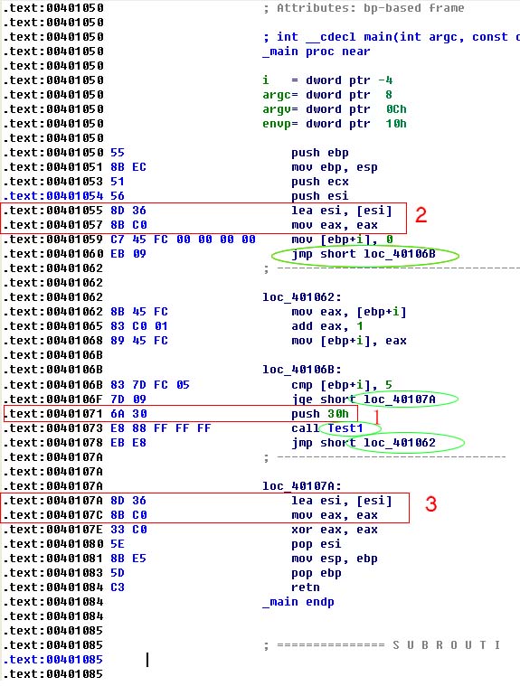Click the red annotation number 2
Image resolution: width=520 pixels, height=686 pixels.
(x=421, y=215)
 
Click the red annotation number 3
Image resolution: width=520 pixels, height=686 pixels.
(x=430, y=504)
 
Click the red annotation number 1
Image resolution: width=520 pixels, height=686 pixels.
(x=376, y=418)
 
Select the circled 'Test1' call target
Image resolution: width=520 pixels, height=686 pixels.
(x=345, y=428)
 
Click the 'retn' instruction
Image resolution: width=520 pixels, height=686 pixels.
(x=306, y=587)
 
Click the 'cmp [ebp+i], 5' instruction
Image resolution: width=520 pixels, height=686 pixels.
(x=342, y=385)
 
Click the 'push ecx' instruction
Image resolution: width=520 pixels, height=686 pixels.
(x=320, y=182)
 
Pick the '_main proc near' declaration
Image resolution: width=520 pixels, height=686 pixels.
(x=316, y=52)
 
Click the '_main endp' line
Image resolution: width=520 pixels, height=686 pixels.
(x=298, y=602)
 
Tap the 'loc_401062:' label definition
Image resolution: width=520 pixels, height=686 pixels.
(x=301, y=297)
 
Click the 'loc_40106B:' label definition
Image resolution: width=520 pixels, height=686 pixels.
(x=301, y=370)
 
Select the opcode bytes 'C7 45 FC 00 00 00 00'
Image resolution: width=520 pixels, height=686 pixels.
(x=183, y=240)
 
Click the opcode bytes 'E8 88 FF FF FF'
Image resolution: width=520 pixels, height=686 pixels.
(x=161, y=428)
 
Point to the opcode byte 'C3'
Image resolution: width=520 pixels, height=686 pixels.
(x=118, y=587)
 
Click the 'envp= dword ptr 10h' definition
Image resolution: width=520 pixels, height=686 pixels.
(x=335, y=124)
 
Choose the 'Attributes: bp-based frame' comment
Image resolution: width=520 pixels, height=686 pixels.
(x=370, y=8)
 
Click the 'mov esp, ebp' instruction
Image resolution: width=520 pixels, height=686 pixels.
(x=335, y=559)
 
